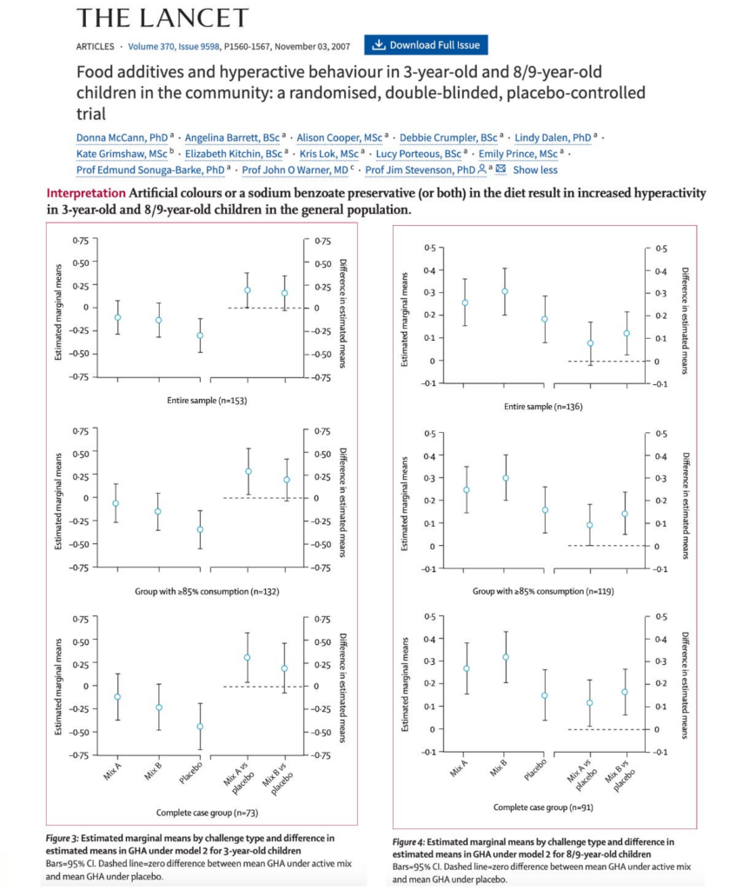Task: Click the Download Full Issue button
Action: [x=427, y=45]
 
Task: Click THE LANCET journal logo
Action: [x=162, y=17]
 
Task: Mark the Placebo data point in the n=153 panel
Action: [x=201, y=335]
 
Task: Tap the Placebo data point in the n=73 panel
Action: [x=201, y=726]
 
